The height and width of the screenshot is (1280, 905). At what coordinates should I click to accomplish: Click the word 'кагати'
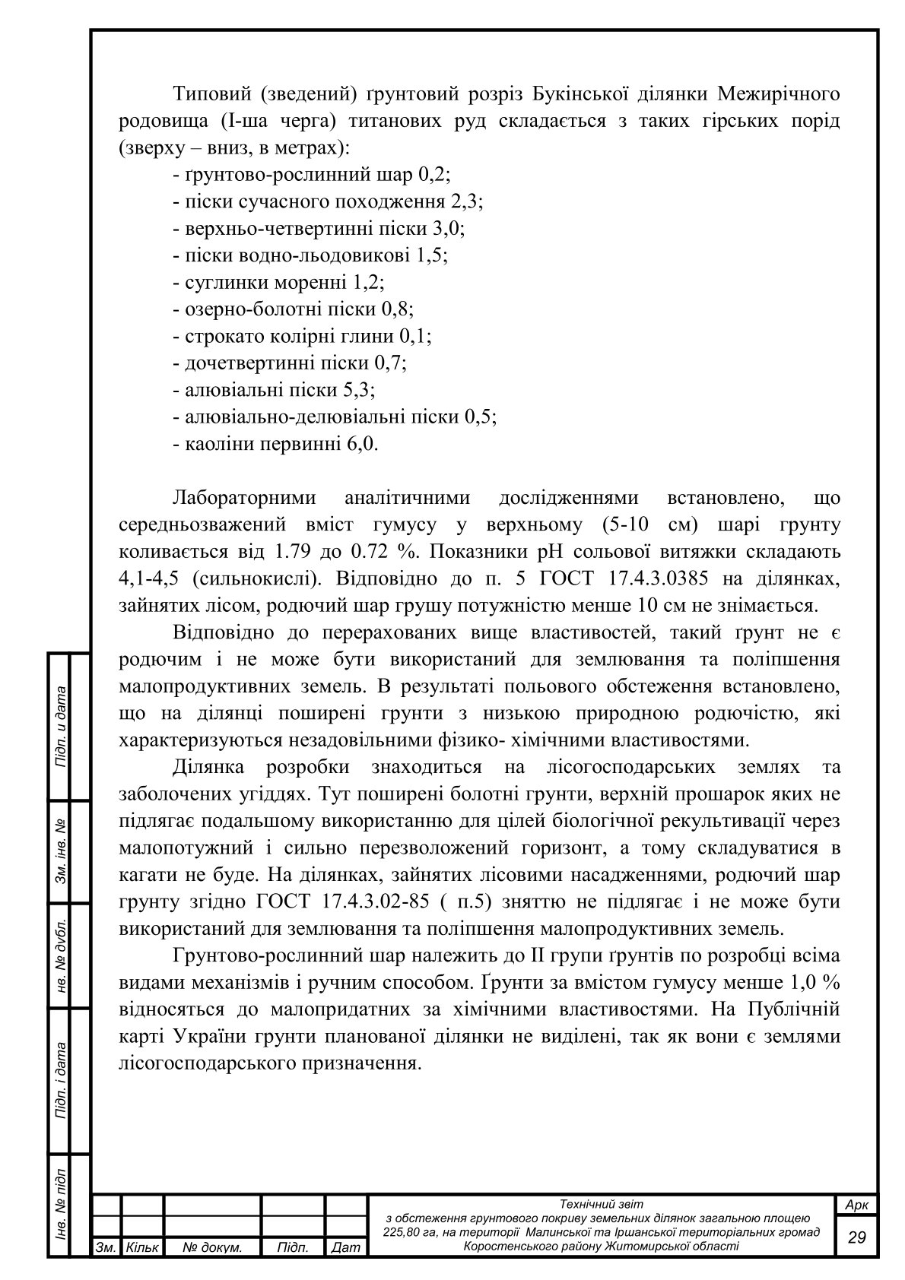tap(148, 875)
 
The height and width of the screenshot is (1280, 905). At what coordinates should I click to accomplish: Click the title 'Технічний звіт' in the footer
tap(601, 1204)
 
